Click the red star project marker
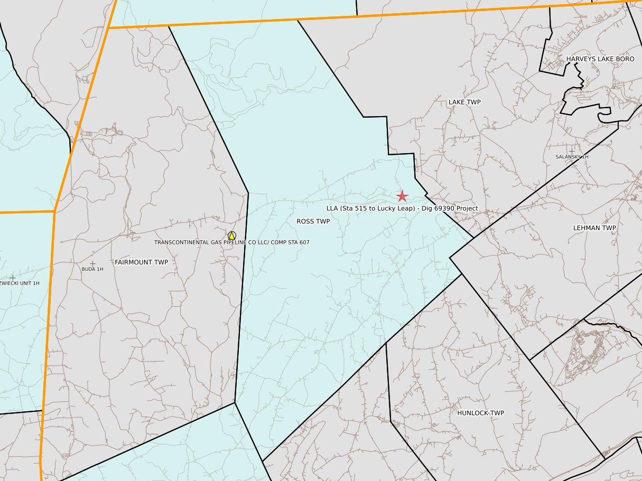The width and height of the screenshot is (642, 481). click(402, 196)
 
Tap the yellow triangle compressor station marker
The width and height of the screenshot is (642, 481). click(231, 235)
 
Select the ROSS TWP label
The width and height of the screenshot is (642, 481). click(313, 222)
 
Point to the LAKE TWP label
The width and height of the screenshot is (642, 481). click(464, 102)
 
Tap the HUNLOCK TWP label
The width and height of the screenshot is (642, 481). click(481, 413)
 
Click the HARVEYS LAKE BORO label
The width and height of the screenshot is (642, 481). click(600, 59)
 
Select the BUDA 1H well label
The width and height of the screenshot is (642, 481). click(92, 269)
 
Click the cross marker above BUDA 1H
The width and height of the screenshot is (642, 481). click(92, 263)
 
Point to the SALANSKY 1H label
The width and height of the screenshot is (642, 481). click(572, 157)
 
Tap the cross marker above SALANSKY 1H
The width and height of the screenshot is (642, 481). click(572, 151)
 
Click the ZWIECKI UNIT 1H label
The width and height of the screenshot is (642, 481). click(20, 284)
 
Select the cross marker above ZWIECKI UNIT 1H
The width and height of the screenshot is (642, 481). click(13, 277)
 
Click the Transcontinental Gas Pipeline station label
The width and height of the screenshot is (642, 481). click(231, 242)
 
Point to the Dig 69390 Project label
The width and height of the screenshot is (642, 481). click(402, 209)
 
